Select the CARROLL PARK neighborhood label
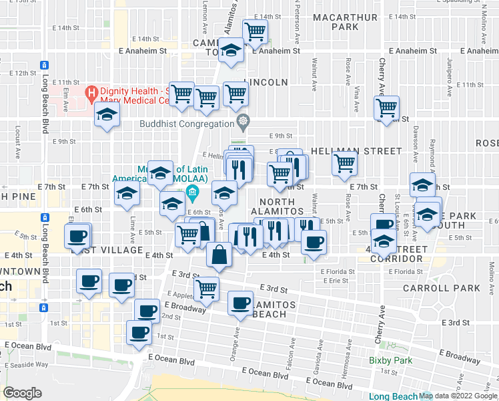(x=441, y=289)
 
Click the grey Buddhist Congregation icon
(x=243, y=122)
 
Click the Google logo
(x=23, y=392)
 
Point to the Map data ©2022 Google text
(x=458, y=396)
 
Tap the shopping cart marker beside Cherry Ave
(x=388, y=106)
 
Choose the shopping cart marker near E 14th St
(x=255, y=30)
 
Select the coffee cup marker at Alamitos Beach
(x=240, y=303)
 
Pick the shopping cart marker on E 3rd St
(x=207, y=288)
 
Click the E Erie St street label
(x=334, y=281)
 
